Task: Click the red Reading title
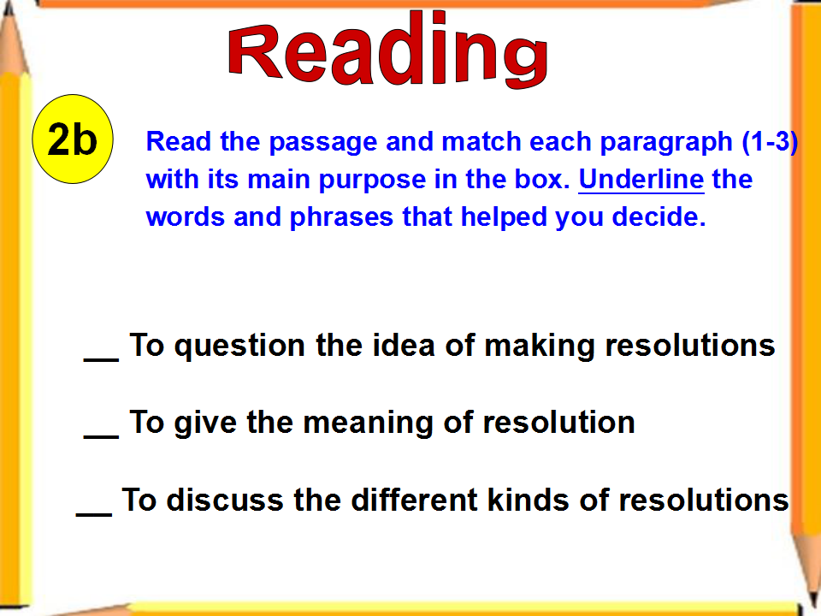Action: (x=388, y=50)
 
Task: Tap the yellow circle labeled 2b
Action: (x=72, y=139)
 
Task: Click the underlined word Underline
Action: (x=641, y=180)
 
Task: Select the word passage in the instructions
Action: (x=323, y=143)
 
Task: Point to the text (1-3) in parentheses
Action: (x=771, y=142)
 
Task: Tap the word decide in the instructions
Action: (x=659, y=216)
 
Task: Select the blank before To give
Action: (x=101, y=435)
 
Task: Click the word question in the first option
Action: (x=239, y=346)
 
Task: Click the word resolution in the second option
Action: (x=558, y=423)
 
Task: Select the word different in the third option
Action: (x=415, y=500)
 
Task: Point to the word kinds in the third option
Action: (x=529, y=500)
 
